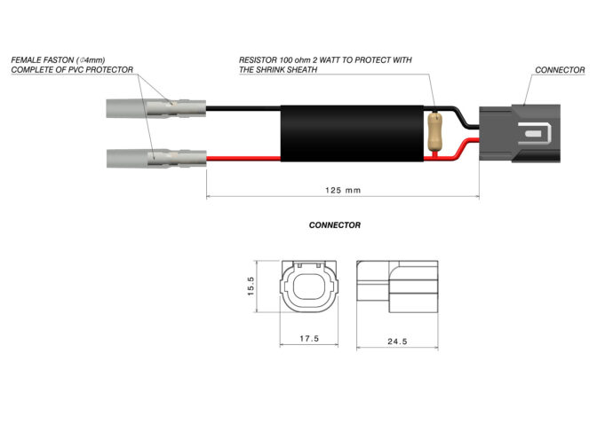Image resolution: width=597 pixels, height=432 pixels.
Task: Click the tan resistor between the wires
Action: [x=434, y=131]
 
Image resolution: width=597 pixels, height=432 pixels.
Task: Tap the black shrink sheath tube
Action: [x=352, y=133]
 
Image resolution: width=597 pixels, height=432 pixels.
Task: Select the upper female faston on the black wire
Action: [x=156, y=108]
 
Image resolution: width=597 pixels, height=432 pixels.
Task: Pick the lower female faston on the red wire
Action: [x=156, y=158]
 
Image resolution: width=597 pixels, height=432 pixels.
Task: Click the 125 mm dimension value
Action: [x=343, y=190]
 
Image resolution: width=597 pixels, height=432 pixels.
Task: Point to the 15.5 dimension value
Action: [x=251, y=286]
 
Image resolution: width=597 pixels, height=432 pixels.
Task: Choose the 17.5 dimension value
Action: [x=309, y=338]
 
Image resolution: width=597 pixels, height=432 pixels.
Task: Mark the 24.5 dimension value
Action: [x=397, y=342]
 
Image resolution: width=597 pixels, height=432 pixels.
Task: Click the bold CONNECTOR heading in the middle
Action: [x=335, y=225]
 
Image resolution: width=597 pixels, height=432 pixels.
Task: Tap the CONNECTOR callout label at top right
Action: [x=560, y=70]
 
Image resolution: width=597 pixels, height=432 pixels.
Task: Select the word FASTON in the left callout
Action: [x=59, y=60]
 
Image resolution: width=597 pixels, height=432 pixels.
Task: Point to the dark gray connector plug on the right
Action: [x=520, y=133]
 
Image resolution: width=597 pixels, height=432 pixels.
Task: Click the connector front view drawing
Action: [x=309, y=287]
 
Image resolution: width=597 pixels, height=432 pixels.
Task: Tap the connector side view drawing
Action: [x=397, y=287]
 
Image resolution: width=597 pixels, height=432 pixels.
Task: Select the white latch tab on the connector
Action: [x=535, y=133]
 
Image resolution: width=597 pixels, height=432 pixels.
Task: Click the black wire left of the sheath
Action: [x=243, y=108]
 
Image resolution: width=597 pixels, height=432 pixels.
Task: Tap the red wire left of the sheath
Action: [x=243, y=159]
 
